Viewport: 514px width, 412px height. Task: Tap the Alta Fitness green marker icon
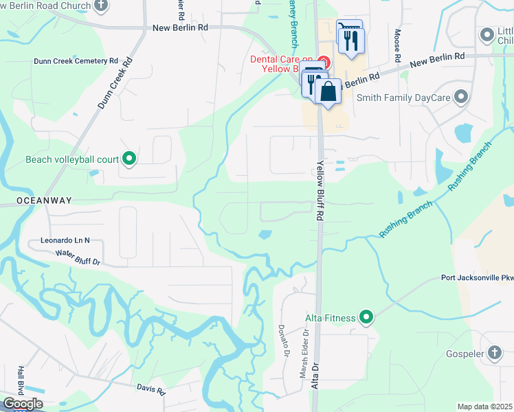point(367,317)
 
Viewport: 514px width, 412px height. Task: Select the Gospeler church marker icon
point(495,353)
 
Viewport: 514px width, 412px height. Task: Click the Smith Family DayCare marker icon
point(460,98)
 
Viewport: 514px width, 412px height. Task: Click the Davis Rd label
point(150,390)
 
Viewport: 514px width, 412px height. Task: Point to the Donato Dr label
point(282,341)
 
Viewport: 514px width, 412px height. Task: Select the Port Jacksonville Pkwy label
point(478,279)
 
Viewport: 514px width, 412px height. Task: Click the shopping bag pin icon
point(329,91)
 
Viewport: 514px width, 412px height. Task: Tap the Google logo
point(23,404)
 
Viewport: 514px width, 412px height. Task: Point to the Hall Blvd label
point(22,379)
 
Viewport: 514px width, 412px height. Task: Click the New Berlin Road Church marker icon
point(101,6)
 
